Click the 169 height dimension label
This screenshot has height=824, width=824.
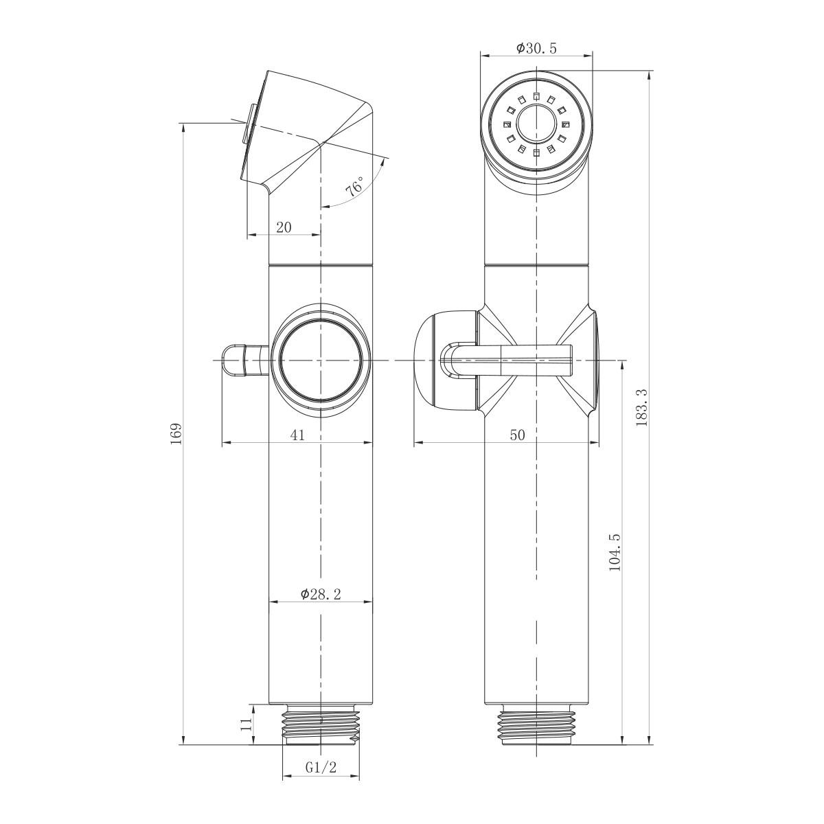click(x=176, y=434)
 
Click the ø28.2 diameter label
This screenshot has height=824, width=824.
click(x=320, y=595)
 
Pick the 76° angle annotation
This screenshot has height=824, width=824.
click(x=355, y=187)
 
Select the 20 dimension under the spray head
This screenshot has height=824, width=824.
click(x=284, y=227)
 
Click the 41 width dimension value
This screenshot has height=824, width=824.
click(x=297, y=435)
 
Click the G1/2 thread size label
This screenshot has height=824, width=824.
click(x=321, y=767)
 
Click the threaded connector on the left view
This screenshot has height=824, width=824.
click(x=321, y=725)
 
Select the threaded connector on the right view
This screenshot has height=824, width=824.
click(x=536, y=725)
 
